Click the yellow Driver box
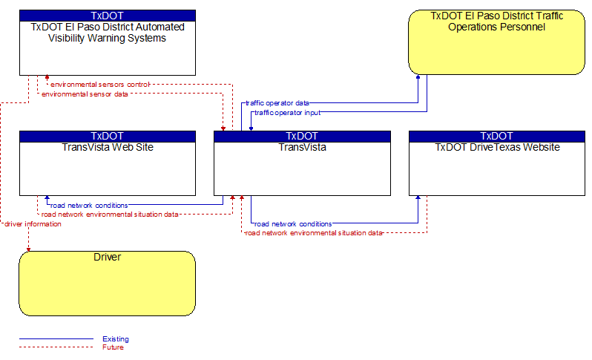[x=108, y=284]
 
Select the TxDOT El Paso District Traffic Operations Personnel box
[x=496, y=42]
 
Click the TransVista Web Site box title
[x=108, y=147]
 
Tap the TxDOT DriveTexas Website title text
[x=497, y=147]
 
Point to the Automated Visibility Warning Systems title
[x=108, y=33]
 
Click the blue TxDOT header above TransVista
[x=302, y=136]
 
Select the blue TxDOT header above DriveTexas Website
[x=497, y=136]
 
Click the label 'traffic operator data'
[x=277, y=102]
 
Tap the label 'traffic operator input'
[x=287, y=113]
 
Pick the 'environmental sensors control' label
[x=100, y=84]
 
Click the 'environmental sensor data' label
[x=85, y=94]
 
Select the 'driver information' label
[x=33, y=224]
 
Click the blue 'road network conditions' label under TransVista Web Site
[x=89, y=206]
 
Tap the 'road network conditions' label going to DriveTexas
[x=293, y=224]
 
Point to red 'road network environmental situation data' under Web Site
[x=110, y=215]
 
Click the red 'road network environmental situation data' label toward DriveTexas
[x=313, y=233]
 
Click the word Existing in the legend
[x=116, y=339]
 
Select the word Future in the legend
[x=113, y=347]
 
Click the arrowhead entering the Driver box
[x=28, y=249]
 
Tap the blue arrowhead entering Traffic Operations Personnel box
[x=418, y=77]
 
